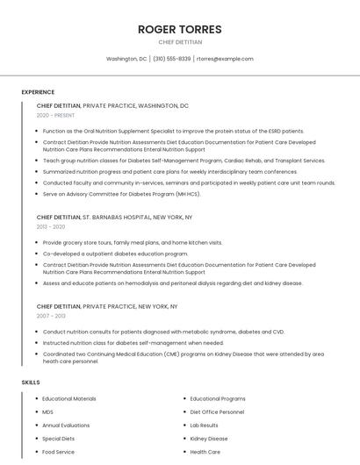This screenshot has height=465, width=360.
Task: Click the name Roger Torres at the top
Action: (180, 29)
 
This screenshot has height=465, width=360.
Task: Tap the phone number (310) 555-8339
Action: (171, 59)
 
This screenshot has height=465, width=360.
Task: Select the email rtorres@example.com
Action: (225, 59)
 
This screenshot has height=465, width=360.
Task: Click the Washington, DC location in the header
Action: (126, 59)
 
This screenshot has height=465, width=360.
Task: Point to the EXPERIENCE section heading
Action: (38, 92)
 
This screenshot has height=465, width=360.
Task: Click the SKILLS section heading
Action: (31, 383)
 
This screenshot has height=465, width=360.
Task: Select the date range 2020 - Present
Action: (56, 115)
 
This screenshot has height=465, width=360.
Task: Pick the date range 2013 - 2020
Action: (51, 226)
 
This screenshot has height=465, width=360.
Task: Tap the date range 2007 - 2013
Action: (51, 316)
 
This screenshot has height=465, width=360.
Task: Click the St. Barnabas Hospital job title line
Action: (114, 217)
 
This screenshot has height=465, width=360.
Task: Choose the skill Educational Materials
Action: (69, 398)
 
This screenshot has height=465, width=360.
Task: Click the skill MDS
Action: (48, 411)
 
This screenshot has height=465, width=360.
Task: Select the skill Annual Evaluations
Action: (67, 425)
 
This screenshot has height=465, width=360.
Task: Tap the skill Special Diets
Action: (59, 438)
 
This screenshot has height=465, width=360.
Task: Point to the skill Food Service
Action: (59, 452)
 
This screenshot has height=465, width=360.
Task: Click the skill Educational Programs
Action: (218, 398)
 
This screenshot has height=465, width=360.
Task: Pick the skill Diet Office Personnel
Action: (217, 411)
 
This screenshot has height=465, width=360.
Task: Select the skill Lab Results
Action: (205, 425)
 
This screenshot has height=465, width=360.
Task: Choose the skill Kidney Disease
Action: (209, 438)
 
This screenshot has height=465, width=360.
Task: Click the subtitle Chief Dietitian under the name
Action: (180, 42)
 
